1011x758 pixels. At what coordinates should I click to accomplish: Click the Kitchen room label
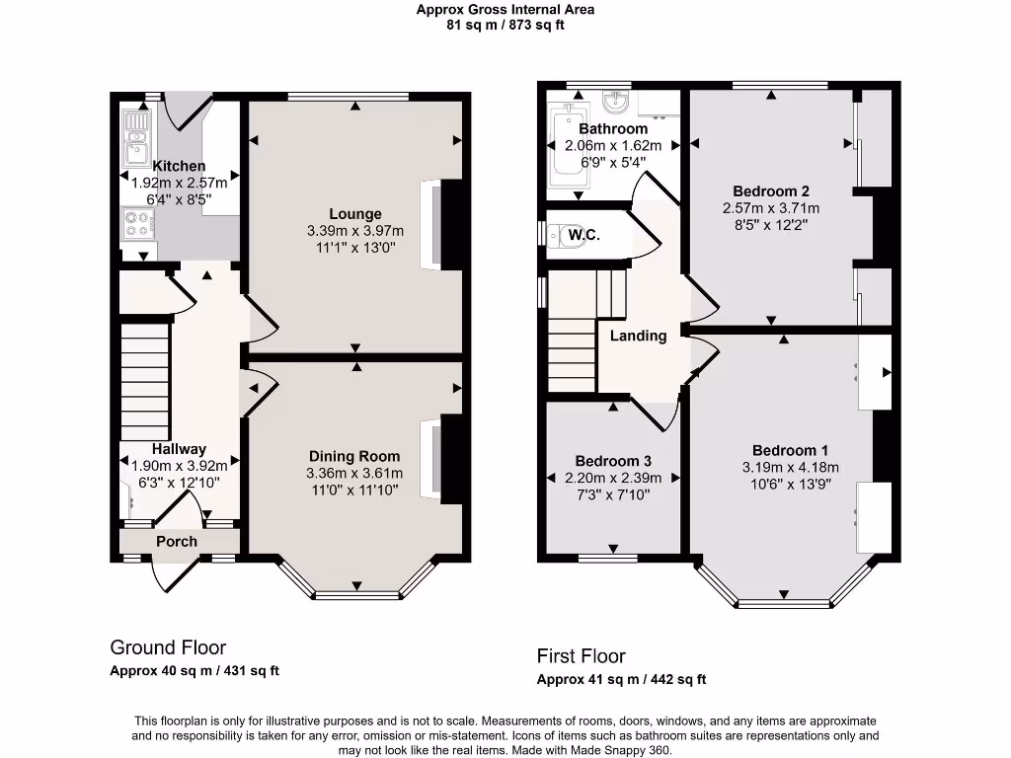point(179,166)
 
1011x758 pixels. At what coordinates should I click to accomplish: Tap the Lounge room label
point(355,214)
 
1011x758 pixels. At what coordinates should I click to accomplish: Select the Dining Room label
point(354,456)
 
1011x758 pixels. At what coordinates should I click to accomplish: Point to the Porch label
point(177,541)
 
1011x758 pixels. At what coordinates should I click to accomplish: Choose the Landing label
point(638,336)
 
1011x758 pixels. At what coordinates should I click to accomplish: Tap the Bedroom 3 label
point(613,461)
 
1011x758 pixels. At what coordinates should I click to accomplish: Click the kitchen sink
point(134,137)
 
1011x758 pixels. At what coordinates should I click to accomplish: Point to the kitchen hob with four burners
point(135,225)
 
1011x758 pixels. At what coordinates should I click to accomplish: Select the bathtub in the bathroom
point(567,148)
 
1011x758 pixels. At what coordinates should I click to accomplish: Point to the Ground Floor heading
point(168,647)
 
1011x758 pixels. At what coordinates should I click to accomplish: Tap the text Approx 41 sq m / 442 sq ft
point(621,679)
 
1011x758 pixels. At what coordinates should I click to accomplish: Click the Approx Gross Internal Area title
point(505,10)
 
